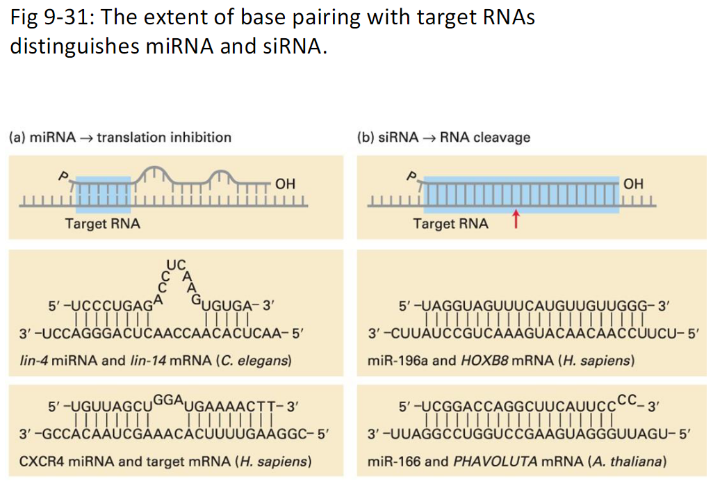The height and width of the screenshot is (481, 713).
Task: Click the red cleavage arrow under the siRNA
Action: click(x=515, y=220)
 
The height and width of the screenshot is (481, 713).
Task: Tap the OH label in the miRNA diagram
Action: click(x=285, y=184)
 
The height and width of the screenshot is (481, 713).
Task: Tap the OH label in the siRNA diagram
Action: click(x=633, y=184)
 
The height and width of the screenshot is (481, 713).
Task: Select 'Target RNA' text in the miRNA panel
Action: click(x=102, y=224)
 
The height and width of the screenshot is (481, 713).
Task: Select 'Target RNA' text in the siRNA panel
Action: click(x=450, y=224)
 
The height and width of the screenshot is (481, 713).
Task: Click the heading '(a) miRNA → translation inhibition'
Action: click(x=120, y=137)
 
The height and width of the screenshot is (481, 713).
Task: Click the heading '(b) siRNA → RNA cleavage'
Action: click(x=443, y=137)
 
